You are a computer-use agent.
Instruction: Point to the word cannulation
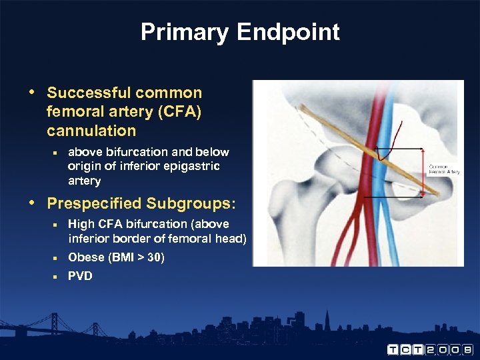click(x=91, y=130)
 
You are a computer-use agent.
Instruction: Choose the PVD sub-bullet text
click(x=80, y=276)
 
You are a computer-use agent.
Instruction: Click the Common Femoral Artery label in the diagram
click(x=443, y=169)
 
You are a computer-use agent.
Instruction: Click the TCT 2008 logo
click(x=430, y=349)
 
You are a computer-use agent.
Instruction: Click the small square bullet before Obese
click(x=56, y=257)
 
